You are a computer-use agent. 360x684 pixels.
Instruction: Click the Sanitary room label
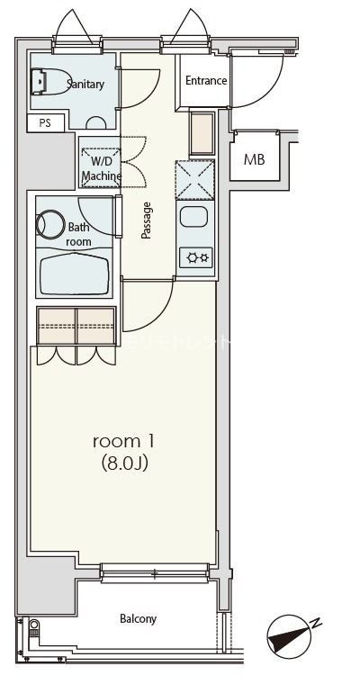pyautogui.click(x=85, y=85)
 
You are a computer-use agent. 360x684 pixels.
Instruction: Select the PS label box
pyautogui.click(x=44, y=123)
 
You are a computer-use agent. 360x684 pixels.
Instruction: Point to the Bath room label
pyautogui.click(x=79, y=235)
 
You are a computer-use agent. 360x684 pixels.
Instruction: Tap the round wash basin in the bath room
pyautogui.click(x=50, y=223)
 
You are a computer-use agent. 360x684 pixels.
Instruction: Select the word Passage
pyautogui.click(x=146, y=220)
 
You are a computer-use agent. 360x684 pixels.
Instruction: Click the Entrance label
pyautogui.click(x=206, y=81)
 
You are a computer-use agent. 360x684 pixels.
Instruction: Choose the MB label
pyautogui.click(x=255, y=160)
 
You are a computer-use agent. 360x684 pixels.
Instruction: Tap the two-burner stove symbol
pyautogui.click(x=195, y=258)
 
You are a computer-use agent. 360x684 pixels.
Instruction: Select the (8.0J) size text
pyautogui.click(x=124, y=464)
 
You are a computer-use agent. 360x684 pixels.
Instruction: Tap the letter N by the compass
pyautogui.click(x=316, y=622)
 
